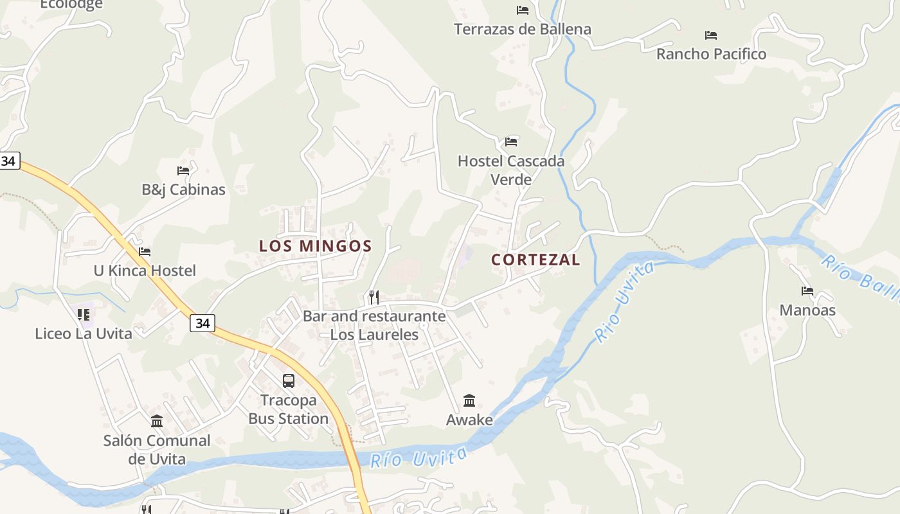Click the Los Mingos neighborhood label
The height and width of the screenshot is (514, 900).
tap(315, 245)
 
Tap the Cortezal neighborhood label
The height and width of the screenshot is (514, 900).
tap(535, 260)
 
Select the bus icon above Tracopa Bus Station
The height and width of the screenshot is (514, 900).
tap(289, 381)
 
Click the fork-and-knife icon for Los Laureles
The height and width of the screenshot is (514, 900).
tap(374, 297)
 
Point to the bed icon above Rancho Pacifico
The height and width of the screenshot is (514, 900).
tap(711, 35)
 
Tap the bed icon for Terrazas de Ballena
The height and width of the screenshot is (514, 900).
tap(523, 10)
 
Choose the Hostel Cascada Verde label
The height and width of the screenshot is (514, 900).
tap(511, 170)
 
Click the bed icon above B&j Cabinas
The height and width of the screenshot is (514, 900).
tap(183, 171)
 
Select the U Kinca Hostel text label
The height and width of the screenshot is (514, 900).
tap(145, 270)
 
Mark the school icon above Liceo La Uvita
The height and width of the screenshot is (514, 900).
tap(84, 315)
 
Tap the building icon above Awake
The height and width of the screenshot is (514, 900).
tap(469, 401)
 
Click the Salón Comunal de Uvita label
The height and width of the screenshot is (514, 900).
tap(157, 450)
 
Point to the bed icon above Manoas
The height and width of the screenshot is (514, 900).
tap(807, 291)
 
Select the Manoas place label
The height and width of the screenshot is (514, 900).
tap(807, 310)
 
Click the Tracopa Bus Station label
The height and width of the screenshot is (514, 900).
tap(289, 409)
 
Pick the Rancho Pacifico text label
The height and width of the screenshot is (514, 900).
tap(711, 54)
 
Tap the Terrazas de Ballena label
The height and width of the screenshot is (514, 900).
tap(523, 29)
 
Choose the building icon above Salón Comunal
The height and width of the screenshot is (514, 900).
tap(157, 421)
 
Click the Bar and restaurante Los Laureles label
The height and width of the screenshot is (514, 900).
tap(374, 325)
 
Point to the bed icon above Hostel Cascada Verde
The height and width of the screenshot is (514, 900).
tap(511, 141)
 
